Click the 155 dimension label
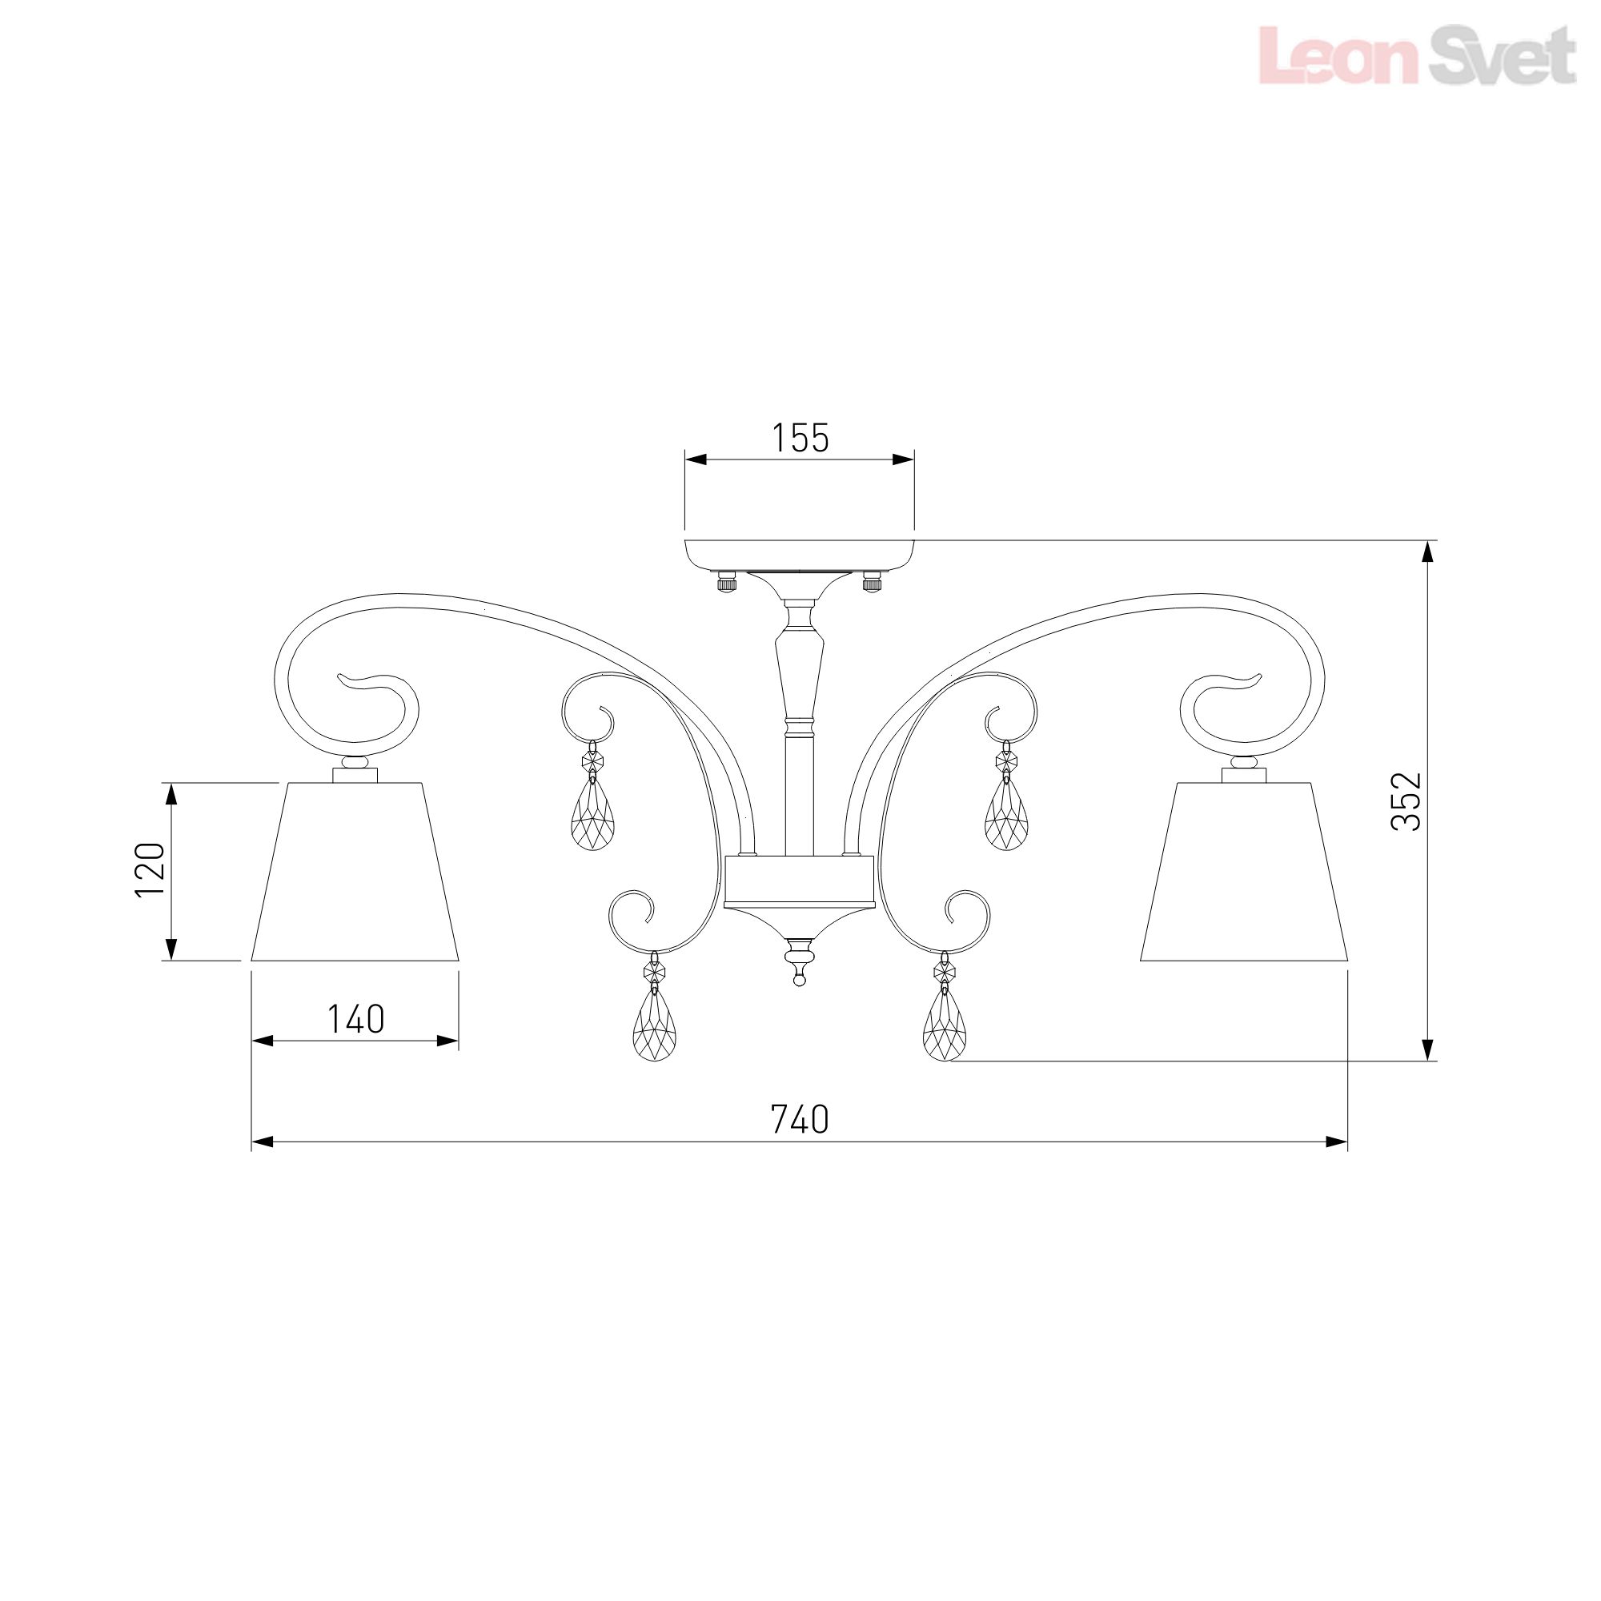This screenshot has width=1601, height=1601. point(800,439)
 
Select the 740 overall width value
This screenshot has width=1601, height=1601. point(800,1120)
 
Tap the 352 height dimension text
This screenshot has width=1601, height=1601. point(1406,801)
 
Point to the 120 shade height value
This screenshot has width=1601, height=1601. point(150,869)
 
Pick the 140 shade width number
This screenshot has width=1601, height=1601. point(355,1019)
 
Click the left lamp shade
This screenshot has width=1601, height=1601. point(355,871)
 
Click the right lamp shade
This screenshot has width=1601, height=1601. point(1244,871)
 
